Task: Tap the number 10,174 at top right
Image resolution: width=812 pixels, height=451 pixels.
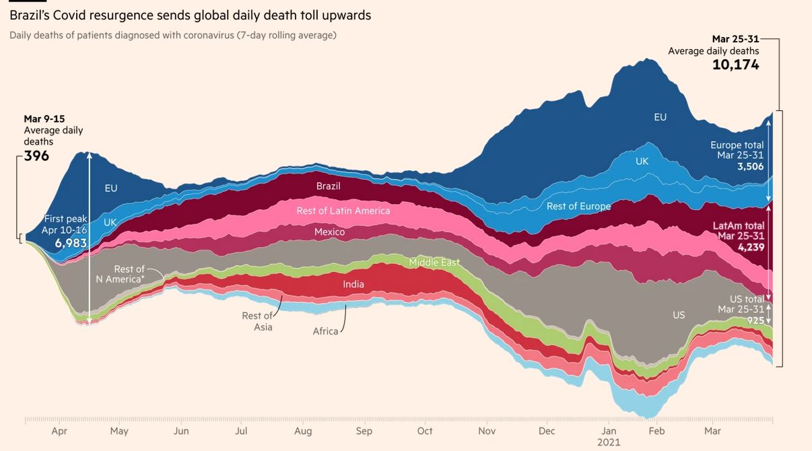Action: [735, 65]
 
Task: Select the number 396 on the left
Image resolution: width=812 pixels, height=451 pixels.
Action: [36, 156]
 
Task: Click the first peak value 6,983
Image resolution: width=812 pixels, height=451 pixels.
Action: [71, 243]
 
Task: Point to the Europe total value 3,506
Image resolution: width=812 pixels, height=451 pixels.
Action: [751, 166]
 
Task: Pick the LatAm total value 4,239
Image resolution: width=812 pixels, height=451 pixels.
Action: [751, 247]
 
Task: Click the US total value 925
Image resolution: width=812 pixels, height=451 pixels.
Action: [755, 320]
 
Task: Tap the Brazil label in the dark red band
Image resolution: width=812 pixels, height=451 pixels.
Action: [329, 186]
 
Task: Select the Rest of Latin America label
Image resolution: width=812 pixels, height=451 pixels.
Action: [343, 211]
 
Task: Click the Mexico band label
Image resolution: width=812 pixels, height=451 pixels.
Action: [329, 232]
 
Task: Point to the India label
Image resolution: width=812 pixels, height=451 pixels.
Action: [353, 284]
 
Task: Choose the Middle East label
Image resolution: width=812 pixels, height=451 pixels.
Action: [434, 263]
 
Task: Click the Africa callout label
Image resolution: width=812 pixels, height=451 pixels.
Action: [325, 331]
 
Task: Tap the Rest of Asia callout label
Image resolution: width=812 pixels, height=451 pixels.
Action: [257, 321]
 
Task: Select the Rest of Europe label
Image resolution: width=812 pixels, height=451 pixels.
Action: [578, 206]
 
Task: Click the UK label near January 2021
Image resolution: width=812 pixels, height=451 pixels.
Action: [642, 162]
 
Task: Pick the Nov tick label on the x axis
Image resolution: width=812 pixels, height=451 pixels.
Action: [487, 431]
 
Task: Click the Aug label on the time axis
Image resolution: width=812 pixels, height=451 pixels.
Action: [303, 431]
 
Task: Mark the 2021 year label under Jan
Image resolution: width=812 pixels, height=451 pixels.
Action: [609, 442]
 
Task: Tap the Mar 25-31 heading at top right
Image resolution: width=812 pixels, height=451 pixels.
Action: [735, 39]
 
